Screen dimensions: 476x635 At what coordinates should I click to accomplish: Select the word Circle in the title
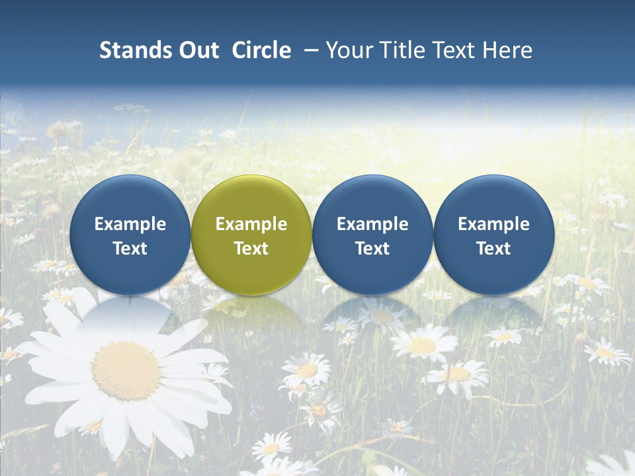(x=261, y=50)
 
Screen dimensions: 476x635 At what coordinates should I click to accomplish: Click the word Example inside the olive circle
(x=251, y=224)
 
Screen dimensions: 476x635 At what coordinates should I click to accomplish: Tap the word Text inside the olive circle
(x=251, y=249)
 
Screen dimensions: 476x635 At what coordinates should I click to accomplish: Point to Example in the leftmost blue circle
(x=130, y=224)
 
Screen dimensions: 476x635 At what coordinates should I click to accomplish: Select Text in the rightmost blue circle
(x=494, y=249)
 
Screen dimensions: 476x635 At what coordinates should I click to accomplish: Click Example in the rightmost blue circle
(x=494, y=224)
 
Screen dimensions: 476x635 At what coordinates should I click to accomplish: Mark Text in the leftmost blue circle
(x=130, y=249)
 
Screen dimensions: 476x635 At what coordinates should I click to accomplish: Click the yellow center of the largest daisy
(x=126, y=371)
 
